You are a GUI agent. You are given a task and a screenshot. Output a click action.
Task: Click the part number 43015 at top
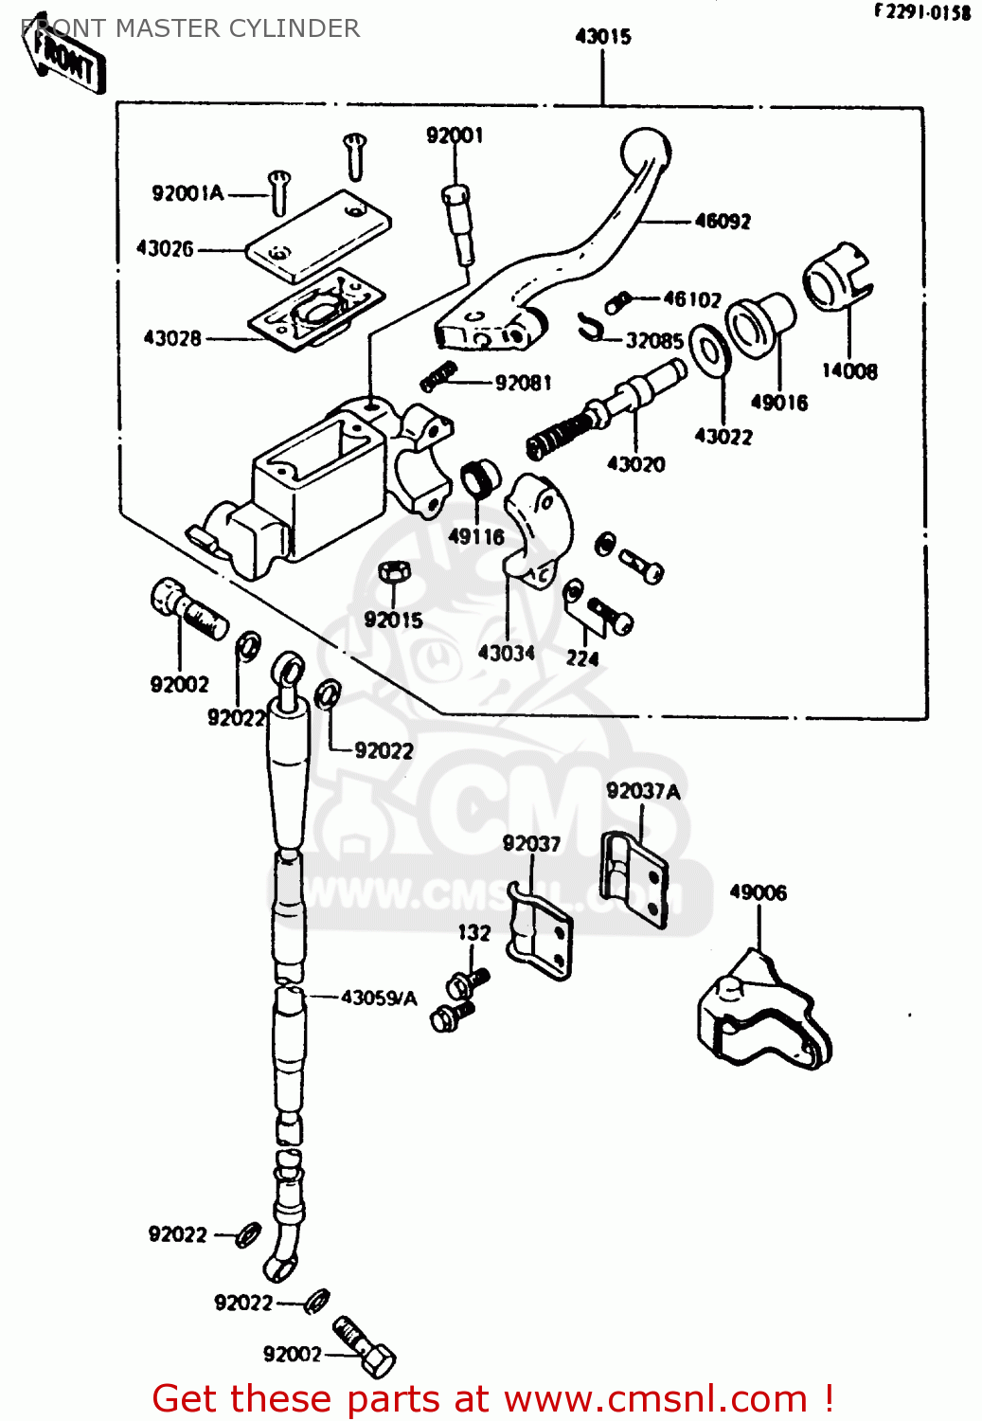tap(603, 37)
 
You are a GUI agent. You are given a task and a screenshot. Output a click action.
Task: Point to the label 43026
tap(165, 249)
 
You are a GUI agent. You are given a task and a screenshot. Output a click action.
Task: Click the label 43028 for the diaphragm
tap(171, 338)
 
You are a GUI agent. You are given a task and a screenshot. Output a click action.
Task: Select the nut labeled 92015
tap(393, 573)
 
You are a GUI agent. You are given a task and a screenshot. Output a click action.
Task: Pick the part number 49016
tap(778, 403)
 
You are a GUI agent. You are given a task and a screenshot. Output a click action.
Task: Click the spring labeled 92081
tap(438, 377)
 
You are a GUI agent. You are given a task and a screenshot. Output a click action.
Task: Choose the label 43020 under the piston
tap(635, 464)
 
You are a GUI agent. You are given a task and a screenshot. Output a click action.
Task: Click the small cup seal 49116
tap(480, 478)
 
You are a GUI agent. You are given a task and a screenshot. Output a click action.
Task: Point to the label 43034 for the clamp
tap(506, 653)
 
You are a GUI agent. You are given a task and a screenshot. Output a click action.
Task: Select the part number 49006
tap(758, 892)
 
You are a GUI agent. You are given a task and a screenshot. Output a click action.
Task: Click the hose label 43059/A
tap(379, 998)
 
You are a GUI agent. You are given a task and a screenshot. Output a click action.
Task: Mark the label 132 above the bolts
tap(474, 933)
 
